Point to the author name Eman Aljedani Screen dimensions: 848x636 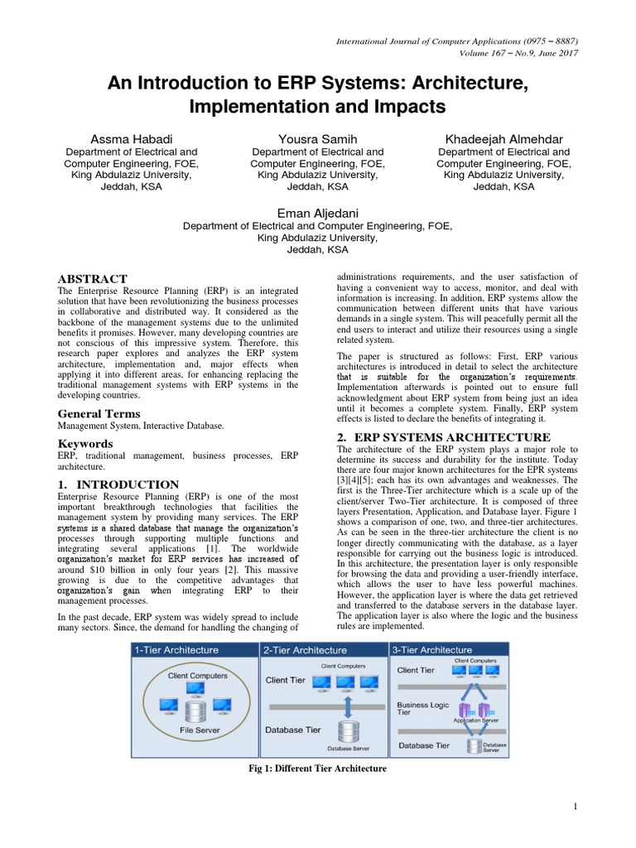317,213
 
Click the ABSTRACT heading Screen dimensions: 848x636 92,279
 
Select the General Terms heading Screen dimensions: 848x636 99,413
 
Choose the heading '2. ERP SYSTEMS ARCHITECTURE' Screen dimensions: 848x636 443,436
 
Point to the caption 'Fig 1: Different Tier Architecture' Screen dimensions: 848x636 318,769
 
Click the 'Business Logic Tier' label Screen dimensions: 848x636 423,708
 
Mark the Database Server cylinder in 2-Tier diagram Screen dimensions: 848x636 348,732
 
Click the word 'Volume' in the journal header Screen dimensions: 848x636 475,53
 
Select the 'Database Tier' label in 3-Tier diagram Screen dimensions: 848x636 424,745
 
